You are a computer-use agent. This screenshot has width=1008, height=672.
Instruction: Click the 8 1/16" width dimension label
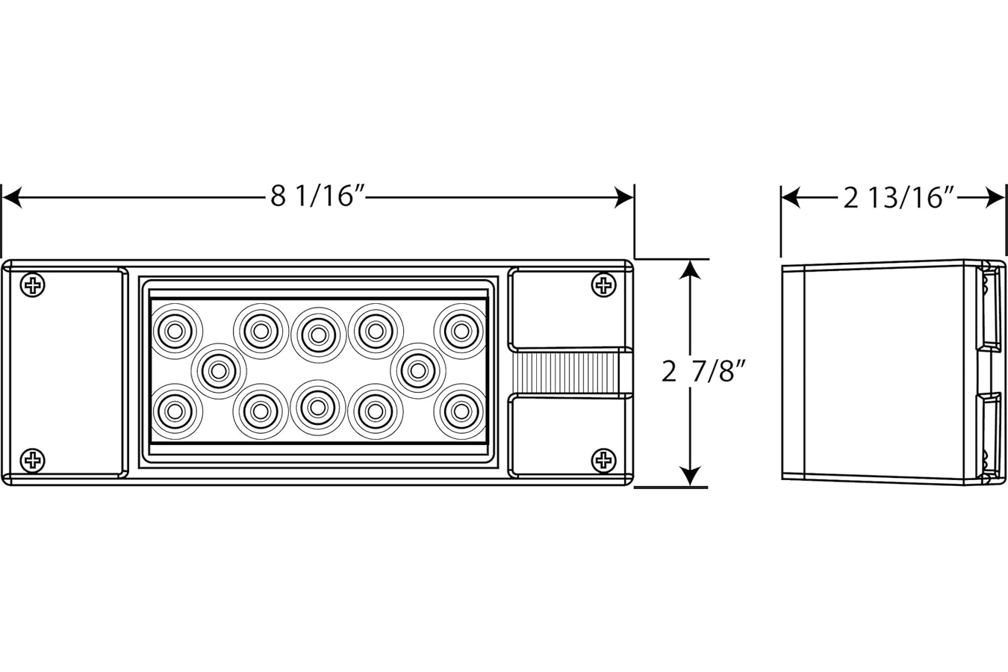click(x=317, y=197)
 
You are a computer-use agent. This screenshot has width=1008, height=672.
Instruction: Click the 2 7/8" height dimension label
click(x=705, y=371)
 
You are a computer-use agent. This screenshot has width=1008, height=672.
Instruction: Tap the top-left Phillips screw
click(x=33, y=284)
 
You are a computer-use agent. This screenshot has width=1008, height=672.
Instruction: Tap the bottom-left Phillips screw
click(x=33, y=460)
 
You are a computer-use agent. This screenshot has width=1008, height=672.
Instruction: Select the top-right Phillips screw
click(x=603, y=284)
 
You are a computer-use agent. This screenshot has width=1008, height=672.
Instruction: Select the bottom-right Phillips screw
click(x=603, y=460)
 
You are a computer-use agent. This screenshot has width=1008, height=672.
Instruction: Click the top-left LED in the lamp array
click(x=175, y=329)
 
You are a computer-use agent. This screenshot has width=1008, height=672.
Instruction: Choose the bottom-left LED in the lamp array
click(x=175, y=410)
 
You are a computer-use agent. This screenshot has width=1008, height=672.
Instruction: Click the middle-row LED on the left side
click(x=219, y=369)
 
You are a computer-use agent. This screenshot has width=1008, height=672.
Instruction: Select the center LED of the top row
click(x=318, y=331)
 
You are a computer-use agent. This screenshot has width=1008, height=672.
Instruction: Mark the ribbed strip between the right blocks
click(x=571, y=371)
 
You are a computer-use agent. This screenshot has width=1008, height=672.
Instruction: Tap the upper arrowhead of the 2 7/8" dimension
click(x=691, y=270)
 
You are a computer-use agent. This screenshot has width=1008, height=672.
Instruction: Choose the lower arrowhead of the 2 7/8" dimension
click(x=691, y=475)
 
